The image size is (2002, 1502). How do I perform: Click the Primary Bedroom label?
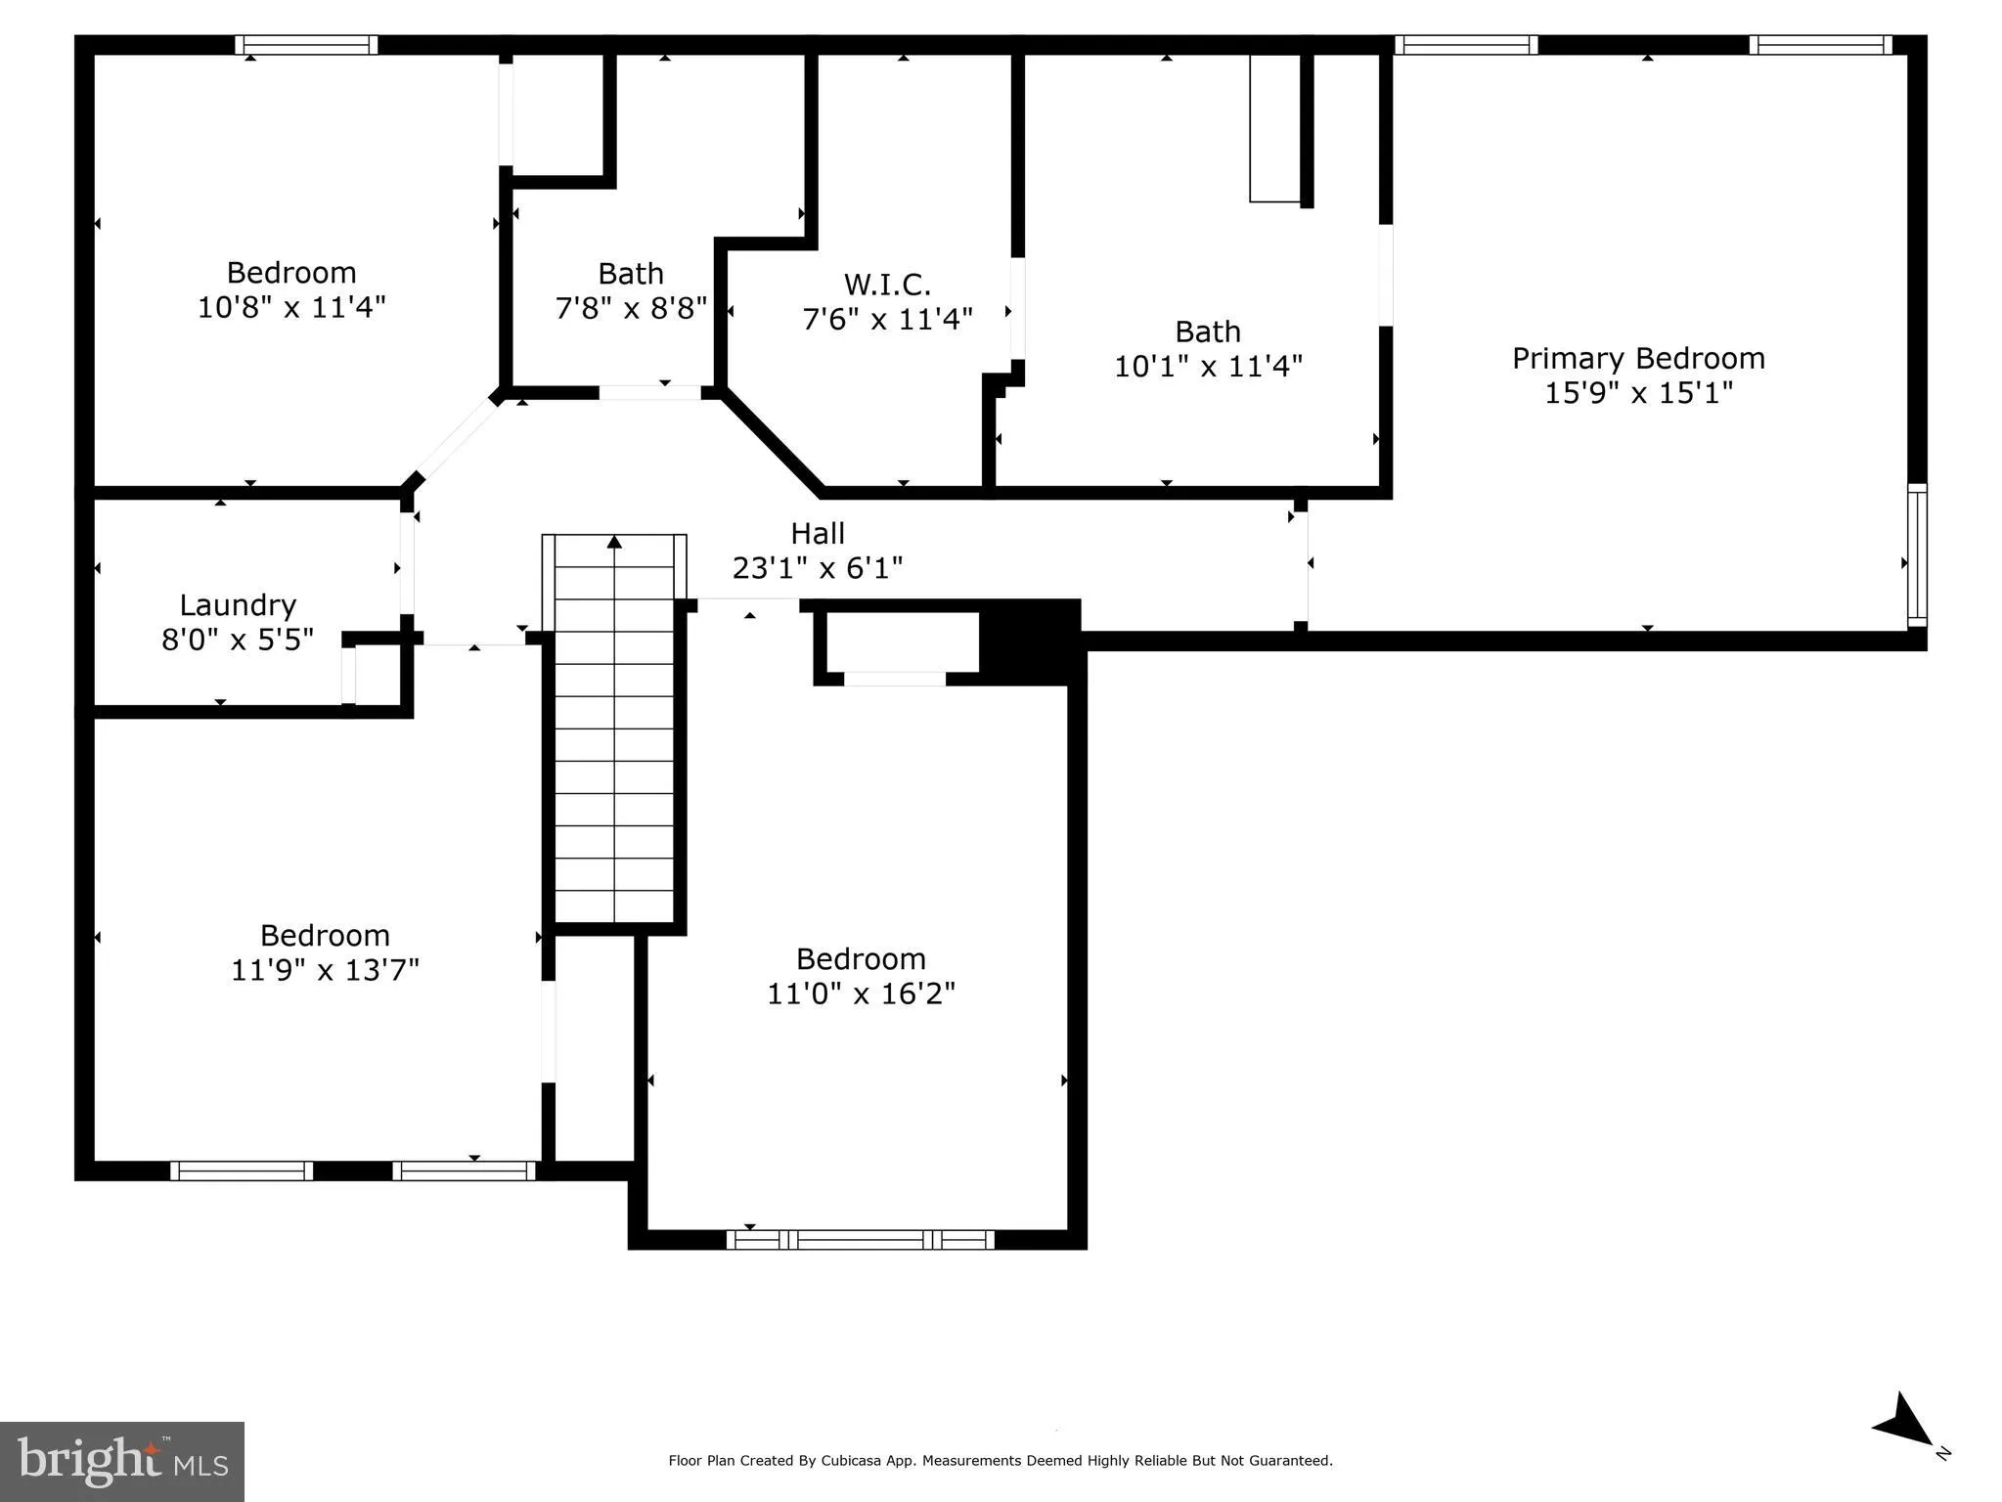click(1638, 359)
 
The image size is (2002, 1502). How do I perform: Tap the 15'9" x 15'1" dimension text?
click(1638, 393)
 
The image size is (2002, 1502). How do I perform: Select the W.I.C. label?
click(887, 285)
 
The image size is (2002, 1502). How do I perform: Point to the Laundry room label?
click(238, 605)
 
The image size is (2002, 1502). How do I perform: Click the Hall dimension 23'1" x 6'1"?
click(818, 568)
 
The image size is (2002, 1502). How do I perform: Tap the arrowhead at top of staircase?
click(614, 542)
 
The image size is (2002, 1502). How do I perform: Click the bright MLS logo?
click(122, 1461)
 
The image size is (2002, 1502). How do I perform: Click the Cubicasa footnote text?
click(1000, 1461)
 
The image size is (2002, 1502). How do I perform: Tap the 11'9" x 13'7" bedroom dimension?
click(325, 970)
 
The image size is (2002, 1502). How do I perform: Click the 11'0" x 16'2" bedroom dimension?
click(861, 994)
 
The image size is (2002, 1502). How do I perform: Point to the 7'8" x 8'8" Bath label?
click(631, 274)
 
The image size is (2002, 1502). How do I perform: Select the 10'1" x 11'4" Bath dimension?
click(1208, 367)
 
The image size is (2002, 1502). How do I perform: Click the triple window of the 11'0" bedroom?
click(860, 1240)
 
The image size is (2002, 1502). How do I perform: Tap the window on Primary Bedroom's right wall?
click(1917, 554)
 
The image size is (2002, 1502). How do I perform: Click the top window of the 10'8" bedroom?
click(306, 45)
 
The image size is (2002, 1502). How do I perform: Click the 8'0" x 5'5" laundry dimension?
click(238, 641)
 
